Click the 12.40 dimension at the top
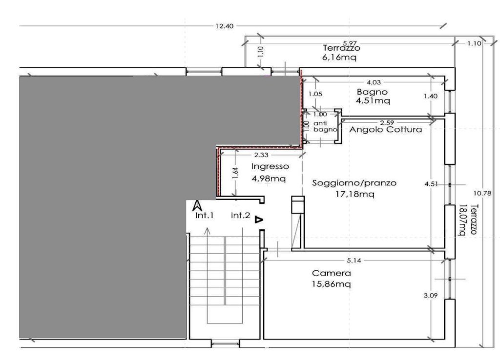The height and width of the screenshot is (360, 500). click(x=225, y=26)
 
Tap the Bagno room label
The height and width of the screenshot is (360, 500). click(x=372, y=92)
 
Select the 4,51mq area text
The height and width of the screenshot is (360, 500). click(x=373, y=100)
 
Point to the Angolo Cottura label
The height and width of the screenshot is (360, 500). click(x=386, y=130)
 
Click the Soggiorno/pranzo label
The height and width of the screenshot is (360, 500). click(x=354, y=183)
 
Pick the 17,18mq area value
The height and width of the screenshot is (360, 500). click(x=355, y=194)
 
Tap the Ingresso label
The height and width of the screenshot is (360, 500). click(x=270, y=167)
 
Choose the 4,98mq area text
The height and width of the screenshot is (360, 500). click(x=269, y=179)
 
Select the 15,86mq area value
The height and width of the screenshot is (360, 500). click(x=332, y=284)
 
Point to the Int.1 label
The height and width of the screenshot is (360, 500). click(x=205, y=216)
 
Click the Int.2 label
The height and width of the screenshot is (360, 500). click(x=240, y=216)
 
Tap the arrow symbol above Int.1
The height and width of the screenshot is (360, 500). click(x=197, y=206)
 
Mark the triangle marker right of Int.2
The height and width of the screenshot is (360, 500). click(x=259, y=220)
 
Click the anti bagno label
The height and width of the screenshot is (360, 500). click(x=325, y=126)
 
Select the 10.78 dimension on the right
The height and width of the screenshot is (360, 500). click(x=482, y=193)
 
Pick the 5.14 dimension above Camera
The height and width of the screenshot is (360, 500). click(x=354, y=260)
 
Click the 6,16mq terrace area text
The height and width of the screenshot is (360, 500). click(x=339, y=58)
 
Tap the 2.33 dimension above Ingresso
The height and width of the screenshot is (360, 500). click(x=261, y=155)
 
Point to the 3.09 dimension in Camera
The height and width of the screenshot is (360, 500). click(x=431, y=296)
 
